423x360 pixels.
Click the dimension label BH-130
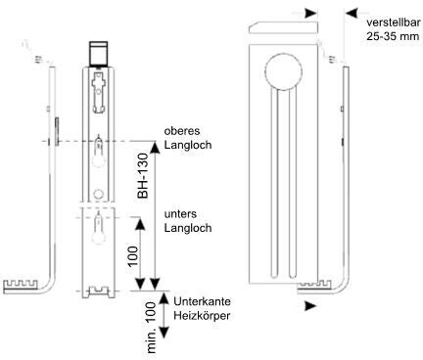[142, 176]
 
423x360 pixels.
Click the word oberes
[182, 131]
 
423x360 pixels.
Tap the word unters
[180, 214]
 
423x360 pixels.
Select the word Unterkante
[202, 301]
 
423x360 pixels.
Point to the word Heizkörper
[202, 316]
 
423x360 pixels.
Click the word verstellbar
[393, 22]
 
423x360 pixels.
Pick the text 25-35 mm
[393, 36]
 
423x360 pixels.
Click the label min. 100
[151, 328]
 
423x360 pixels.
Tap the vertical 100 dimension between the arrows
[133, 256]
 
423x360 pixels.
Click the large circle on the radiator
[283, 71]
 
